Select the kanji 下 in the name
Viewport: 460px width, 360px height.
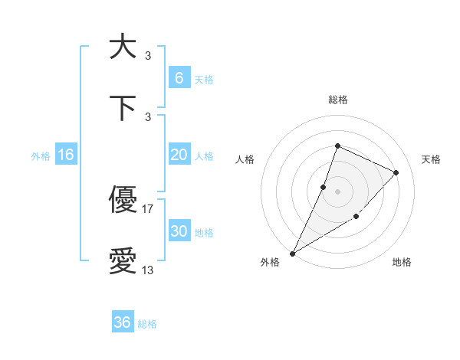123,107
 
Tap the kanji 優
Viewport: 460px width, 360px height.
123,201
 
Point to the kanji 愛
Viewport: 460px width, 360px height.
123,262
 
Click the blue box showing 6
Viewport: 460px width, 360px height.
179,77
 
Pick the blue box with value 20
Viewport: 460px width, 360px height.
179,155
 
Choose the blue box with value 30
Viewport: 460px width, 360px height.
179,231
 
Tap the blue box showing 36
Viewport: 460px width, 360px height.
123,322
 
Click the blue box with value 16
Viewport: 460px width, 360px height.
66,155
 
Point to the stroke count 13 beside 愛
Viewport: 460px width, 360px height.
148,270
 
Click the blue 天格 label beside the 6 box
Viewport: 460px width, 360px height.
204,79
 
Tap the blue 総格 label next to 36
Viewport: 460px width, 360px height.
148,324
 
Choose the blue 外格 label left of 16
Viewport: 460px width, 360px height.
41,156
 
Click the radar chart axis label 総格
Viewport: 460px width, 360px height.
337,100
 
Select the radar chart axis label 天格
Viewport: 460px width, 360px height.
432,159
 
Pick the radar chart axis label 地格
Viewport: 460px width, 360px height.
402,262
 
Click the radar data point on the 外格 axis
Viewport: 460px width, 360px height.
292,253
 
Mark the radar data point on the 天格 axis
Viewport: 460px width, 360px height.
396,172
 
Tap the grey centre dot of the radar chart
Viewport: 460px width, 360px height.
337,191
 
